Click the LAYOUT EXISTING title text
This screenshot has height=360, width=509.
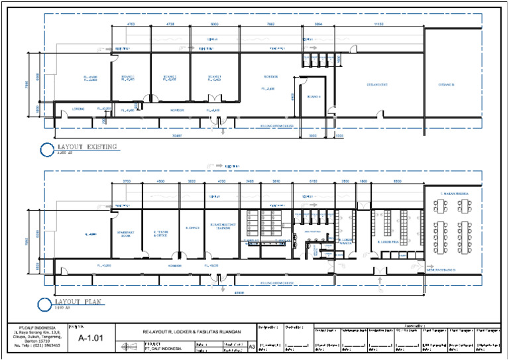click(87, 147)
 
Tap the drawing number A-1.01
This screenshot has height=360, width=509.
click(91, 337)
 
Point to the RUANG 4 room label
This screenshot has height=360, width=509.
click(314, 97)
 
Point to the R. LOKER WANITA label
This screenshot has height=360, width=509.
click(345, 241)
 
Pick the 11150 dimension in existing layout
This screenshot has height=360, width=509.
click(378, 24)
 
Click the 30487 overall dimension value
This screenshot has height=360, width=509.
click(156, 135)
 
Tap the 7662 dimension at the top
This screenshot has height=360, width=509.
click(270, 24)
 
